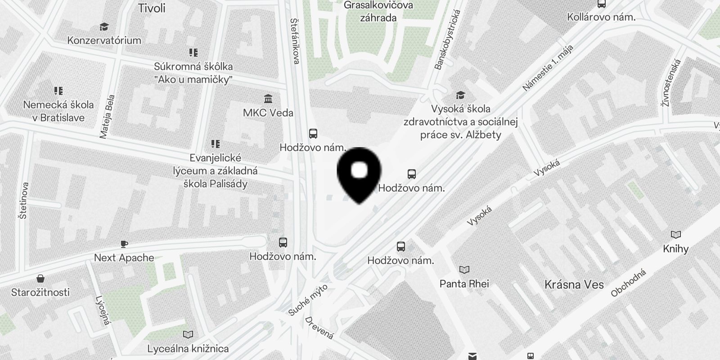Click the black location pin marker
pos(359,174)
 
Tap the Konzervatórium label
pos(104,40)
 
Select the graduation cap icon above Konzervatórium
pos(104,27)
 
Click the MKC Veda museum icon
pos(269,99)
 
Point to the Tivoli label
pos(152,8)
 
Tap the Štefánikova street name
pos(295,41)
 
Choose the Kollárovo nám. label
pos(601,18)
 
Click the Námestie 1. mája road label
pos(548,68)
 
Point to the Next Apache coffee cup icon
pos(124,244)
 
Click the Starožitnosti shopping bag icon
pos(40,279)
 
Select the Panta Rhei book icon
pos(464,270)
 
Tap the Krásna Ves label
pos(574,284)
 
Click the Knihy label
pos(675,249)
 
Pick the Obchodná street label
pos(628,283)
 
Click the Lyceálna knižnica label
pos(188,348)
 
